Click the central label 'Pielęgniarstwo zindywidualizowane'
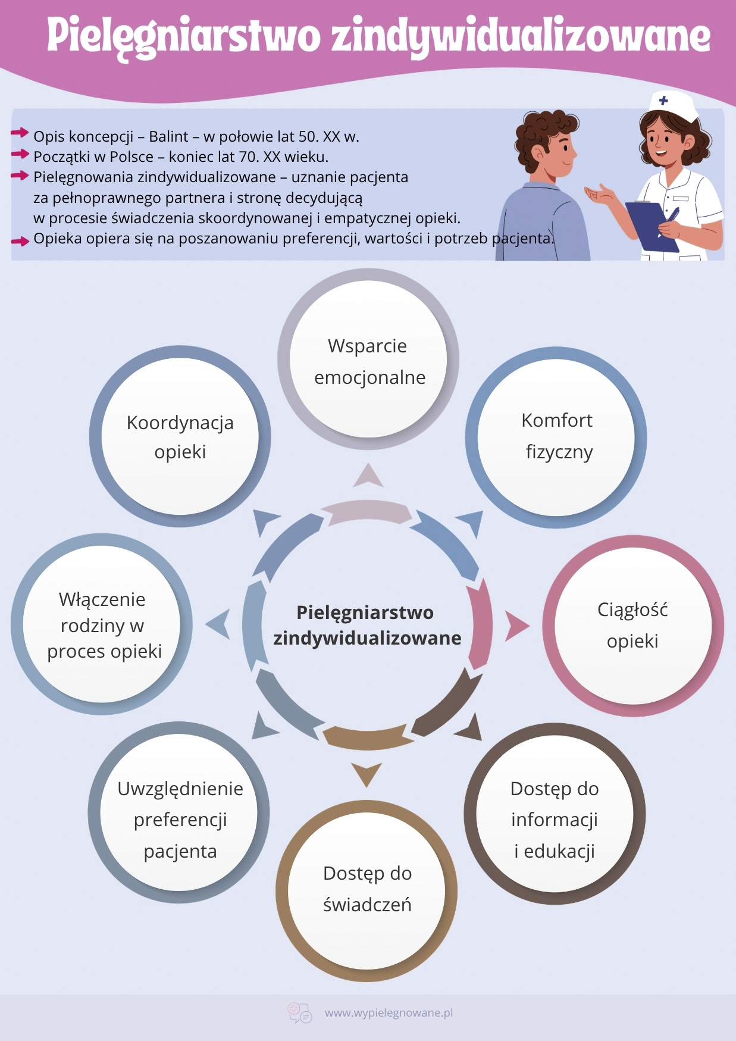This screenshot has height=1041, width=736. (x=367, y=625)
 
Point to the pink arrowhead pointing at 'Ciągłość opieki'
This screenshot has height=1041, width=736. (x=515, y=626)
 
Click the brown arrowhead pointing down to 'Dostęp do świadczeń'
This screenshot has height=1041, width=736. (x=367, y=774)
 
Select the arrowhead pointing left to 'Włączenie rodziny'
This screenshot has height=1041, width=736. (x=219, y=624)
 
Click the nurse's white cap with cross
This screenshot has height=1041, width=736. (x=673, y=106)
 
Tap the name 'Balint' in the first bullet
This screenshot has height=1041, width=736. (x=168, y=136)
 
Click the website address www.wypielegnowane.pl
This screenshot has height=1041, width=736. (x=389, y=1012)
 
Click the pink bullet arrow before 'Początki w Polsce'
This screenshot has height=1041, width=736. (x=20, y=154)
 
